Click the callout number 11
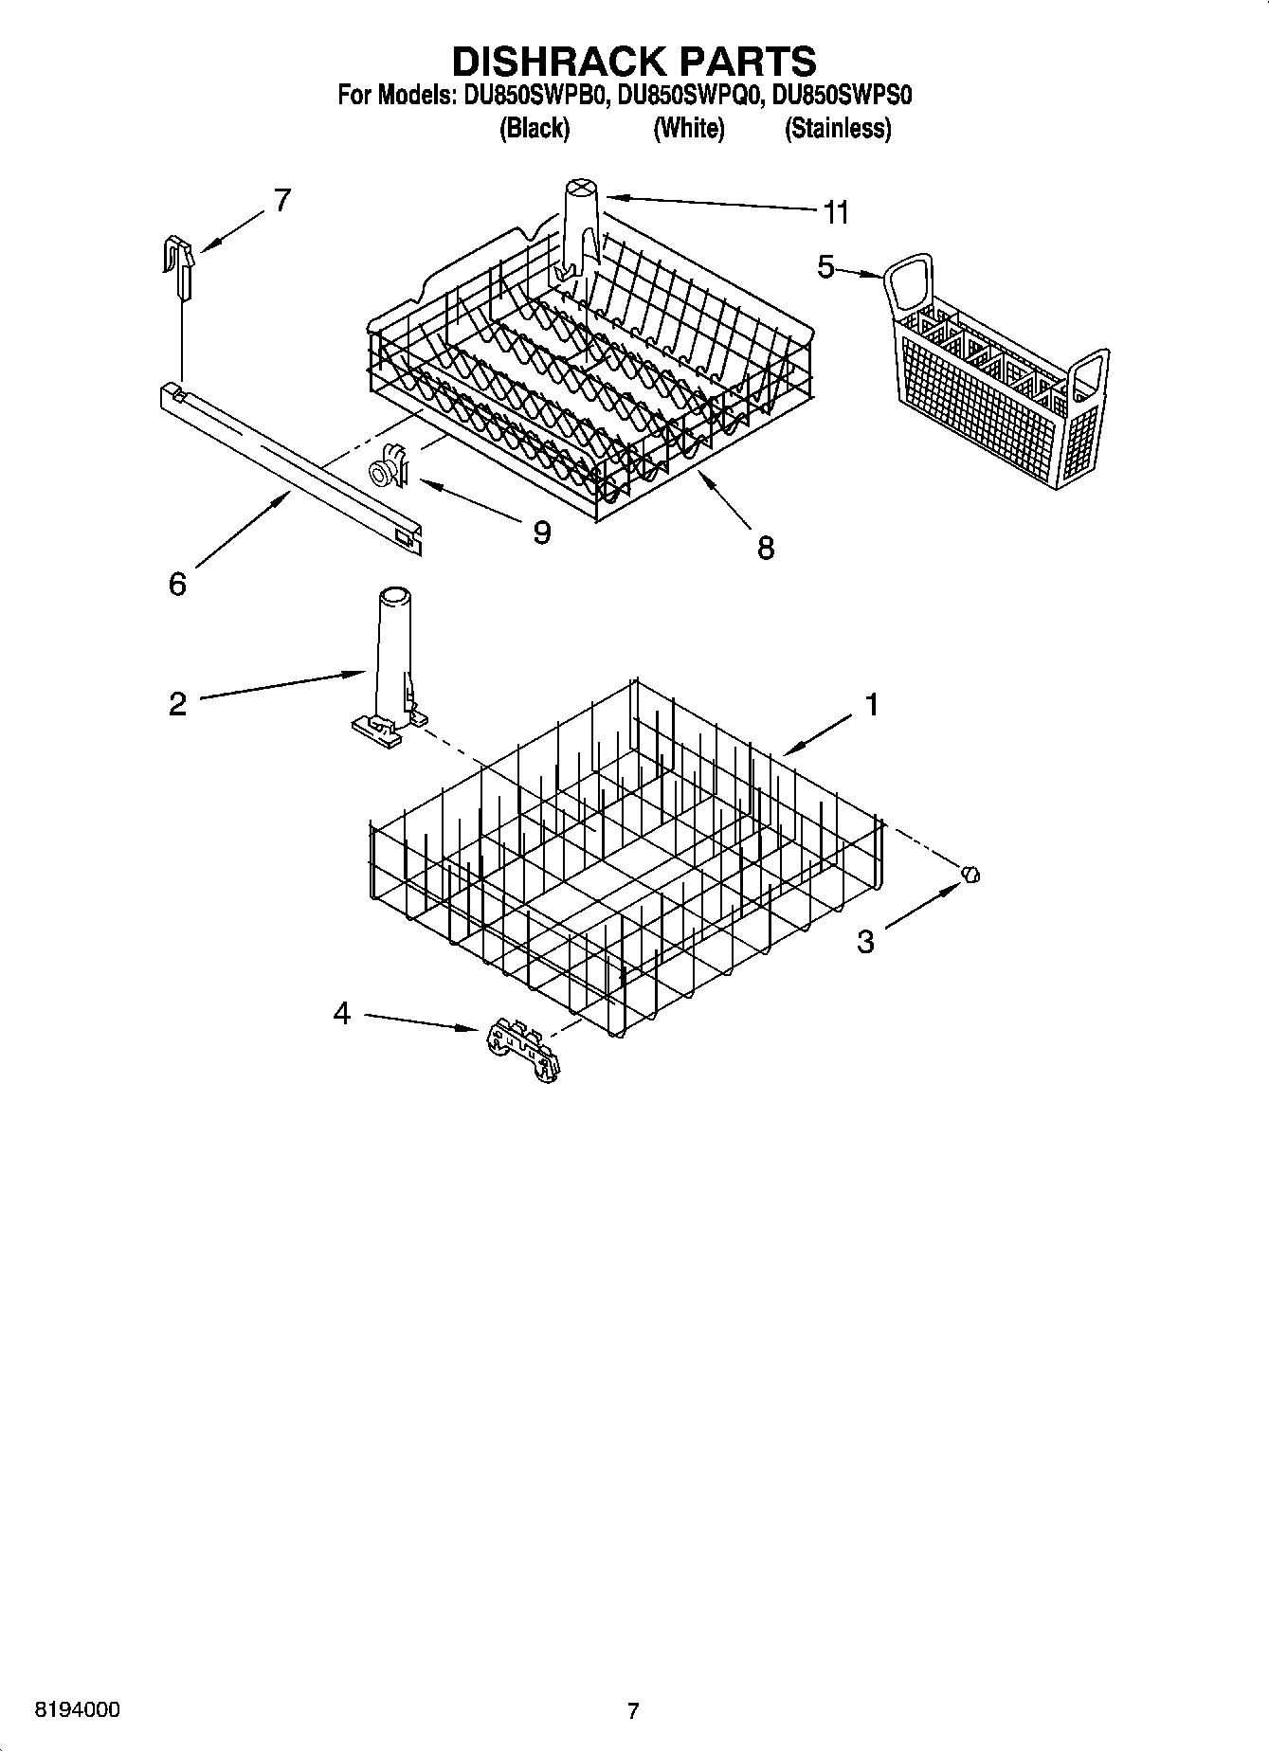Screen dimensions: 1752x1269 pos(835,213)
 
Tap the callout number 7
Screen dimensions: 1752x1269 pos(281,200)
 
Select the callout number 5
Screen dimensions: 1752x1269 pos(825,268)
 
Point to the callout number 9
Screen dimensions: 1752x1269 pos(541,533)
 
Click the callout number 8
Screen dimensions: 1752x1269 pos(766,548)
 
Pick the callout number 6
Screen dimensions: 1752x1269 pos(177,584)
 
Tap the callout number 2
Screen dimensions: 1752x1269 pos(177,704)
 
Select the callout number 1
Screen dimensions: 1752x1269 pos(871,704)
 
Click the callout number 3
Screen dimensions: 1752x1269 pos(865,942)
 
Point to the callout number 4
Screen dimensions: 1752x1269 pos(341,1014)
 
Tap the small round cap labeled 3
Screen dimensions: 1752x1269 pos(970,875)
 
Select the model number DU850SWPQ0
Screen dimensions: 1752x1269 pos(689,96)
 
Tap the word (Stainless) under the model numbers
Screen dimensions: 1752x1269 pos(837,128)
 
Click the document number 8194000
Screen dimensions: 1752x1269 pos(77,1710)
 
